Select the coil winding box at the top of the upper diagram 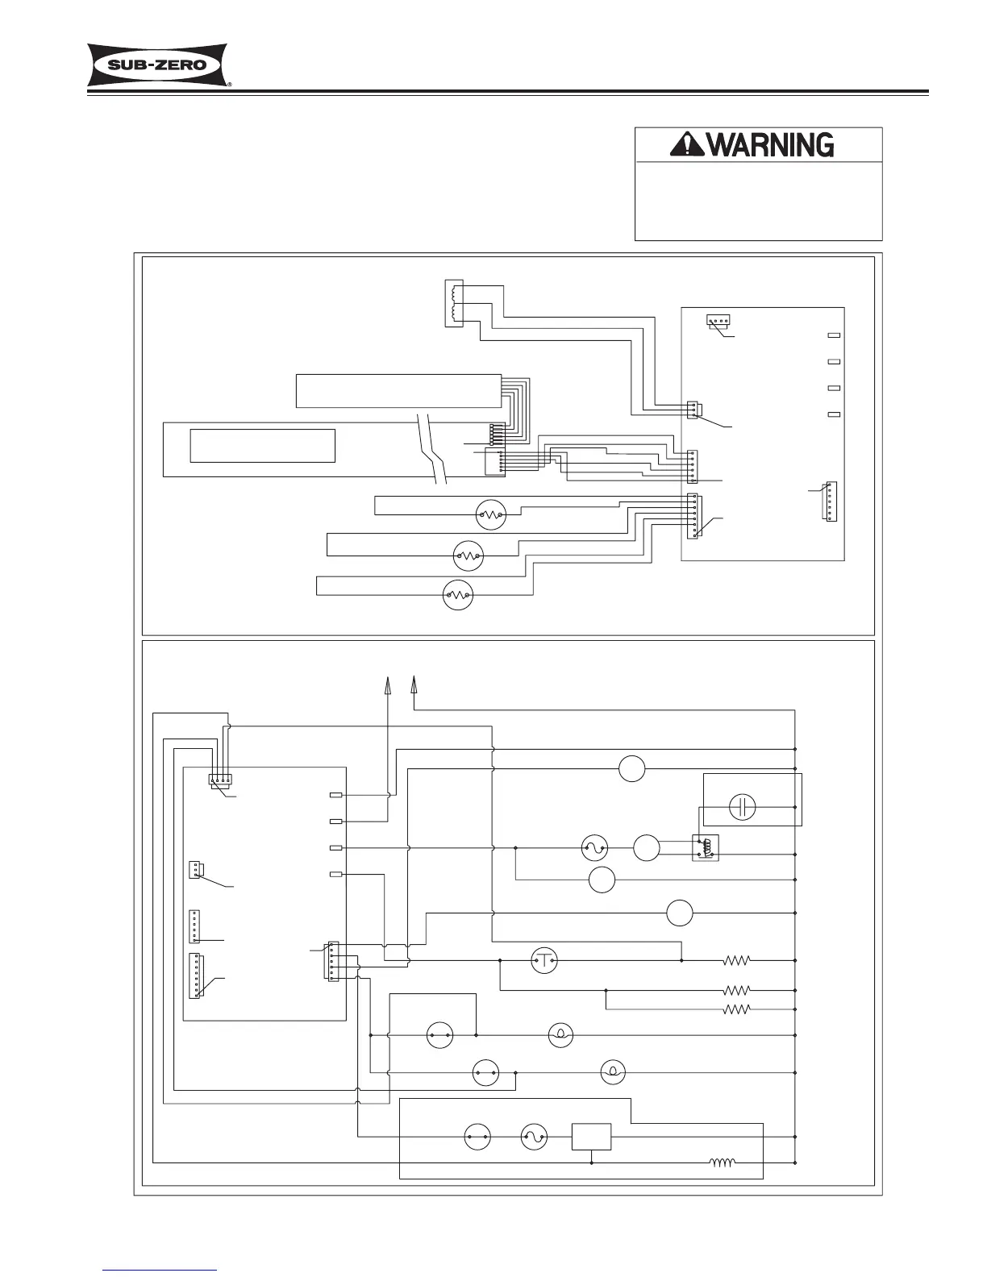455,302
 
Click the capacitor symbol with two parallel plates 741,807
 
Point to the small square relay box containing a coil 705,847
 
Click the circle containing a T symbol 544,960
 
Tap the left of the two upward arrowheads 387,684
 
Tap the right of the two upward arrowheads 414,684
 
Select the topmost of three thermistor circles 490,514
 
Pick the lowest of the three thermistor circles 458,595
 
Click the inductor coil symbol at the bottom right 723,1163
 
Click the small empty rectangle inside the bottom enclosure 591,1137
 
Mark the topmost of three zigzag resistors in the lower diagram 737,960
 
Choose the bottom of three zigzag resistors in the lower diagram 737,1009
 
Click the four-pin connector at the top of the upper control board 718,321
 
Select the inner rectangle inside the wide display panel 262,445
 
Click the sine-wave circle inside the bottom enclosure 534,1138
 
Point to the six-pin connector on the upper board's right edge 831,501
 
